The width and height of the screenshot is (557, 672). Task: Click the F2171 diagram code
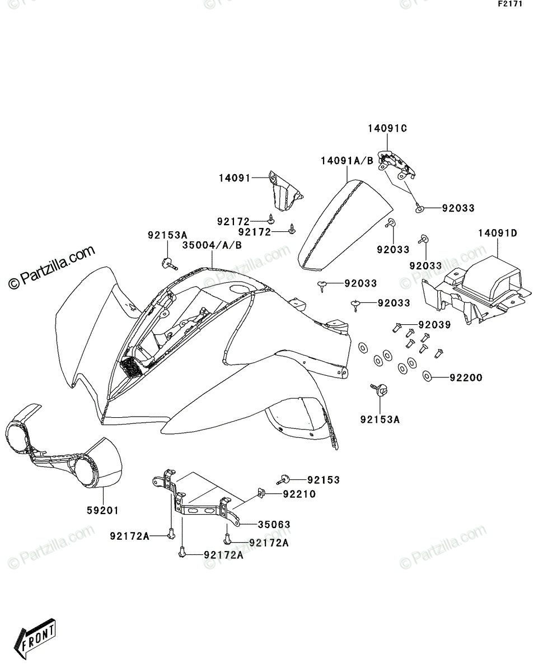click(x=510, y=4)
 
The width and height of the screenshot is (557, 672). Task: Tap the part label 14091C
click(x=387, y=128)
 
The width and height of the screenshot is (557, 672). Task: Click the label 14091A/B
click(x=347, y=161)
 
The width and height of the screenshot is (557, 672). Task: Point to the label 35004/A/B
click(x=212, y=245)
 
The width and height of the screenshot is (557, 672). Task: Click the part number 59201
click(x=102, y=510)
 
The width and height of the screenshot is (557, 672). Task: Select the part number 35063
click(x=274, y=524)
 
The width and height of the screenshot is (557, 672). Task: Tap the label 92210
click(x=299, y=494)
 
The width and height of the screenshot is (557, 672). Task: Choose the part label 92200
click(x=466, y=377)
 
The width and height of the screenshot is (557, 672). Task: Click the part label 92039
click(x=435, y=325)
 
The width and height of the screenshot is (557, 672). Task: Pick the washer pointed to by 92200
click(x=427, y=376)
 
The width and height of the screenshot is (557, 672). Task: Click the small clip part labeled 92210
click(x=261, y=493)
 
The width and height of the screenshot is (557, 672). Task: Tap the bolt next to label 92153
click(x=283, y=479)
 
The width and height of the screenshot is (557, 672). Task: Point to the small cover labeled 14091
click(x=285, y=191)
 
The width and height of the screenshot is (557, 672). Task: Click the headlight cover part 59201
click(x=64, y=451)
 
